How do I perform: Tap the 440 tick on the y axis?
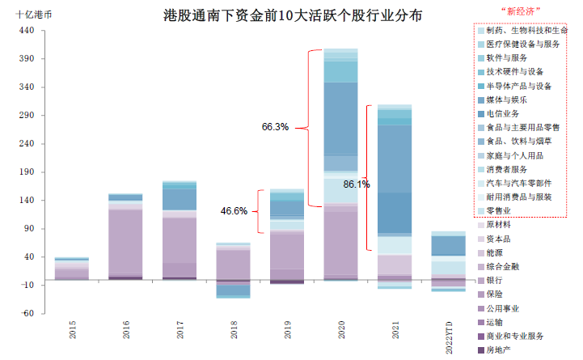pyautogui.click(x=26, y=31)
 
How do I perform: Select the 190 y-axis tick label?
pyautogui.click(x=26, y=172)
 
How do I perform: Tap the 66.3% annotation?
pyautogui.click(x=275, y=127)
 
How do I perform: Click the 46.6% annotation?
pyautogui.click(x=234, y=211)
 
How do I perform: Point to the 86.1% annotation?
pyautogui.click(x=357, y=184)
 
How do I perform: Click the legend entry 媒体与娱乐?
pyautogui.click(x=509, y=100)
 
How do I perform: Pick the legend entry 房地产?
pyautogui.click(x=502, y=350)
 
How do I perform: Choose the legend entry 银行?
pyautogui.click(x=497, y=280)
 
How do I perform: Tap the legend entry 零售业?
pyautogui.click(x=502, y=210)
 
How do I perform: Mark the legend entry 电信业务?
pyautogui.click(x=506, y=113)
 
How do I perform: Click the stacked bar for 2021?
pyautogui.click(x=394, y=194)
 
